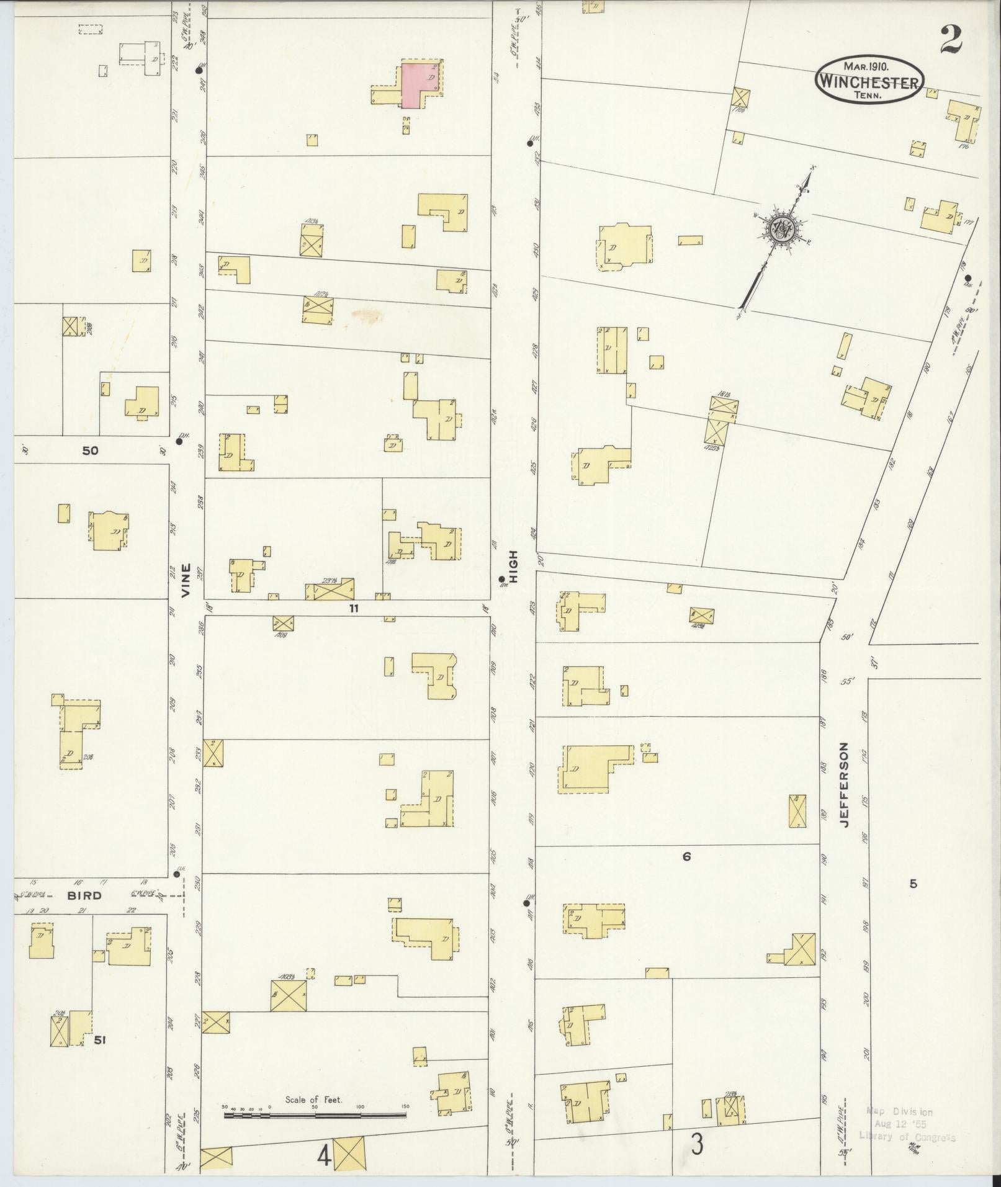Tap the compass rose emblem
(x=782, y=229)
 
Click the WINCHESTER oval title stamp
(x=869, y=81)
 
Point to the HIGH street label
(x=513, y=565)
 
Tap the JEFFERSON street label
(x=845, y=784)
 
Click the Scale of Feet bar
(x=315, y=1114)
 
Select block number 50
(x=91, y=451)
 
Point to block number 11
(x=353, y=609)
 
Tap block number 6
(x=686, y=857)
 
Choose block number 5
(x=913, y=884)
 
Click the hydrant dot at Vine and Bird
(x=177, y=874)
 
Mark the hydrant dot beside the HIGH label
(x=501, y=580)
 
